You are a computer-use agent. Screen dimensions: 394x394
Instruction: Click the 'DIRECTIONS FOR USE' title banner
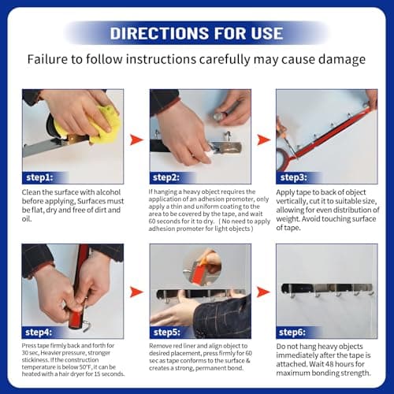point(196,33)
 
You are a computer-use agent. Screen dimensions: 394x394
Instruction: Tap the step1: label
point(39,177)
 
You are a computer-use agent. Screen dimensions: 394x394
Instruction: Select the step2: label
point(166,177)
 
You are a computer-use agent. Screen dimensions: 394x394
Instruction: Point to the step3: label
point(294,177)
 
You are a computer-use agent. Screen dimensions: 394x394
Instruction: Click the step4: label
point(39,333)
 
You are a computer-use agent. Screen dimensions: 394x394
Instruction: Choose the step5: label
point(167,333)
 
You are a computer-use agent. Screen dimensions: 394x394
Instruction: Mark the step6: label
point(292,333)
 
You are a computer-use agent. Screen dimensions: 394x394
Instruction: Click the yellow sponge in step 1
point(105,125)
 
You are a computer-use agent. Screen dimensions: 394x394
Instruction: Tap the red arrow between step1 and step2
point(136,139)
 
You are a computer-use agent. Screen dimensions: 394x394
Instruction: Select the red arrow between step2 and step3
point(263,139)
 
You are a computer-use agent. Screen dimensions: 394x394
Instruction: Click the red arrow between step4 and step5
point(136,292)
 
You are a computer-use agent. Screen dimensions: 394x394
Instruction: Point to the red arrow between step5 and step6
point(263,292)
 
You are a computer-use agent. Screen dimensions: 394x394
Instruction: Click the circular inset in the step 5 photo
point(202,266)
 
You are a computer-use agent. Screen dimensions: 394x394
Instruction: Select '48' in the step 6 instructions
point(330,364)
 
